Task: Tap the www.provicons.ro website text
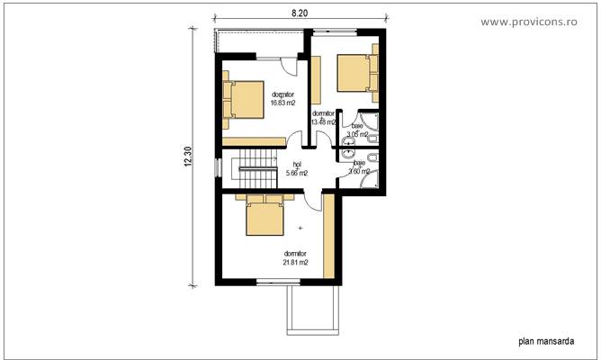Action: pyautogui.click(x=540, y=20)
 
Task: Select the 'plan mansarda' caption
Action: pyautogui.click(x=545, y=341)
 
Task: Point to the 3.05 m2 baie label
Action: pyautogui.click(x=357, y=134)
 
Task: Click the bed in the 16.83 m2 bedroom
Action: pyautogui.click(x=242, y=100)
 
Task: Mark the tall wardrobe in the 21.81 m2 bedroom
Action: pyautogui.click(x=330, y=235)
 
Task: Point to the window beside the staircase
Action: pyautogui.click(x=217, y=169)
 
